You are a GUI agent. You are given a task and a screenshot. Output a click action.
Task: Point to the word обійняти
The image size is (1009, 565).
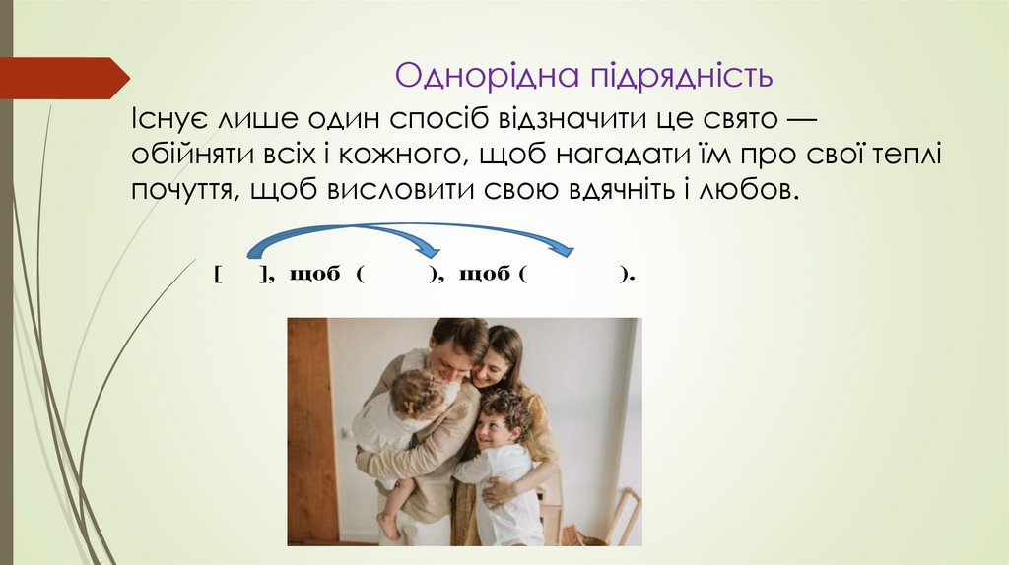point(191,155)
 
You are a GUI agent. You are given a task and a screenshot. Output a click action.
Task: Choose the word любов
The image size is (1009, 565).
point(750,189)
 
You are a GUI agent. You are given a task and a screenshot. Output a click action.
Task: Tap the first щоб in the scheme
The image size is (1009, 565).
point(313,275)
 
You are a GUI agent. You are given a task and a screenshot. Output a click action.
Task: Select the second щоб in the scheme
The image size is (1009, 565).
point(484,275)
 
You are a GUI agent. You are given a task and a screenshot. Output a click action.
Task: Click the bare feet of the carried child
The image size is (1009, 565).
point(387,524)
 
